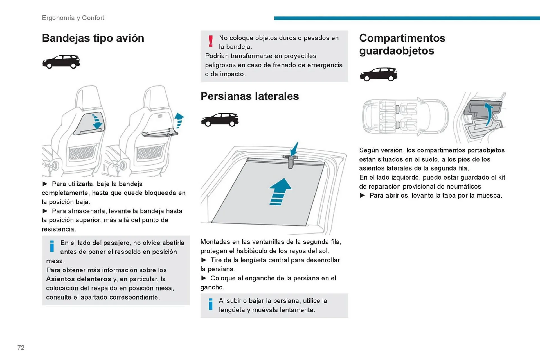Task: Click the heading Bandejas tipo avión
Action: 93,38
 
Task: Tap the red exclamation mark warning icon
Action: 211,41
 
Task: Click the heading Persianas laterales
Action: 249,96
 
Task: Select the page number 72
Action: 21,348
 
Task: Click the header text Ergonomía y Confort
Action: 73,18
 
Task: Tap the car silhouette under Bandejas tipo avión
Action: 61,62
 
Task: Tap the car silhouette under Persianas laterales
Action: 220,120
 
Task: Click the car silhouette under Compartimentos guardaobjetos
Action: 378,74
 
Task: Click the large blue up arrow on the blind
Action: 280,191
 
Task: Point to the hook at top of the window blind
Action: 291,161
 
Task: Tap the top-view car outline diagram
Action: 405,117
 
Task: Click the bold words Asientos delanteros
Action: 78,279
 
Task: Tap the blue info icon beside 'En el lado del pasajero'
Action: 52,246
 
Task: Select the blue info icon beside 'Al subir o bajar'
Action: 211,304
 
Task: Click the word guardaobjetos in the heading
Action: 396,51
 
